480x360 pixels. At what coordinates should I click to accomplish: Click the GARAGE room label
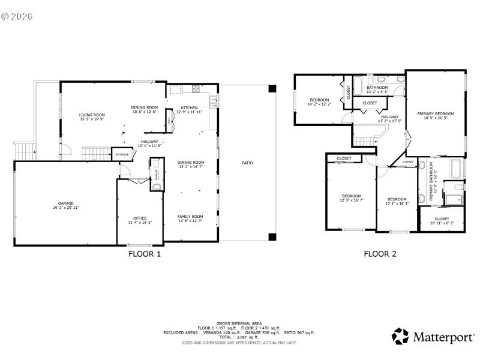coord(65,203)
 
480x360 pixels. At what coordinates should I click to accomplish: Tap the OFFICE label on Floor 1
coord(140,218)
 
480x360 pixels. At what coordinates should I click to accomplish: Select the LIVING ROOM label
coord(92,115)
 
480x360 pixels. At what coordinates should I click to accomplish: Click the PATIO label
coord(247,163)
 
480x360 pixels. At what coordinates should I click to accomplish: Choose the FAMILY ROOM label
coord(190,217)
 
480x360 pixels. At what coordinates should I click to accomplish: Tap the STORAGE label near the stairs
coord(121,155)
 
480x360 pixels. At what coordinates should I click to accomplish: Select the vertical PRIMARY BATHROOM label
coord(431,184)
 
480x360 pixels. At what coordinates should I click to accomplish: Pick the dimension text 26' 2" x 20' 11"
coord(65,207)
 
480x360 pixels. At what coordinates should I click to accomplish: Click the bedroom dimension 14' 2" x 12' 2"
coord(319,104)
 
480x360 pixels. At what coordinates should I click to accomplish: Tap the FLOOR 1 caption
coord(145,254)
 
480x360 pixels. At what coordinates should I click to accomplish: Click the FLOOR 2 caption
coord(380,254)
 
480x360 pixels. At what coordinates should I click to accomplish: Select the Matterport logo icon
coord(400,337)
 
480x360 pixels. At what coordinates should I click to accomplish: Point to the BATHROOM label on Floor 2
coord(377,88)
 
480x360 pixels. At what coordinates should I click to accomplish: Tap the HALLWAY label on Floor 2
coord(389,117)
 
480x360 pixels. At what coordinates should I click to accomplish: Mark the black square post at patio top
coord(272,89)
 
